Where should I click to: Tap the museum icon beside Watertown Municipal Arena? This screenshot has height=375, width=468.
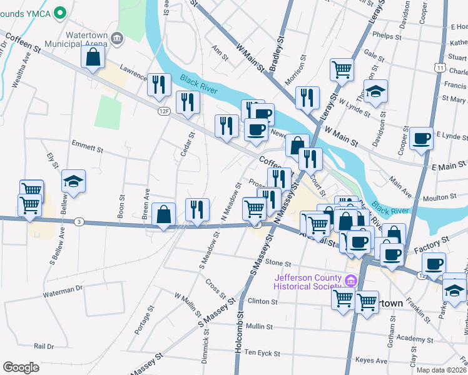pyautogui.click(x=117, y=40)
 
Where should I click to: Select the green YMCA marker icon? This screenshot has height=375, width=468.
pyautogui.click(x=60, y=11)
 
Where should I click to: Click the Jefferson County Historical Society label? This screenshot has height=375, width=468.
pyautogui.click(x=307, y=282)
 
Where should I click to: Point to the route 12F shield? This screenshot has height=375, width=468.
pyautogui.click(x=164, y=111)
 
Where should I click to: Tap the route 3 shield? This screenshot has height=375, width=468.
pyautogui.click(x=79, y=221)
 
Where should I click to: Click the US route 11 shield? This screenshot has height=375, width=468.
pyautogui.click(x=441, y=67)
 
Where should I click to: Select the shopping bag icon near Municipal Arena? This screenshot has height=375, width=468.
pyautogui.click(x=93, y=59)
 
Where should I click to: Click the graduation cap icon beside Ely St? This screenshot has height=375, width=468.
pyautogui.click(x=73, y=182)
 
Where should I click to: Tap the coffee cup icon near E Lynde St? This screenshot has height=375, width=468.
pyautogui.click(x=421, y=137)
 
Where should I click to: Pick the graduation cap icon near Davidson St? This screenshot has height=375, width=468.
pyautogui.click(x=375, y=91)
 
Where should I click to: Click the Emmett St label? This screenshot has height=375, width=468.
pyautogui.click(x=87, y=149)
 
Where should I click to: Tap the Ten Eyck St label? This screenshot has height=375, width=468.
pyautogui.click(x=262, y=353)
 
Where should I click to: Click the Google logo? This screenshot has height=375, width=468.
pyautogui.click(x=21, y=367)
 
